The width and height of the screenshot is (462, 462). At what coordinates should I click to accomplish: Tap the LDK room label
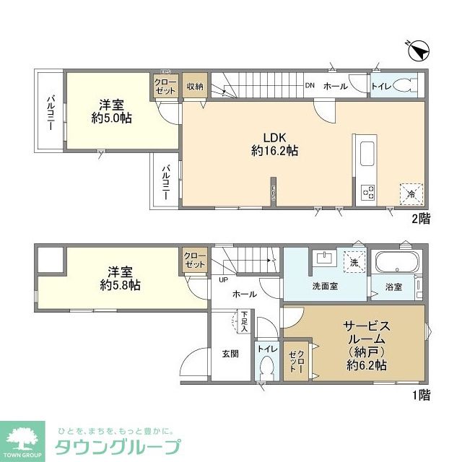click(275, 138)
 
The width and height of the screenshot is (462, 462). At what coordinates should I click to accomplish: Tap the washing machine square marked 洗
click(353, 261)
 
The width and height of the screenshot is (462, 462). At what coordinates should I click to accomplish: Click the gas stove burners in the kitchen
click(369, 192)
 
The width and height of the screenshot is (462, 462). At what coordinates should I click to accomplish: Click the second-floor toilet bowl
click(404, 86)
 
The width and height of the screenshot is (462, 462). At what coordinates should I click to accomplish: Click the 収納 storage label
click(195, 87)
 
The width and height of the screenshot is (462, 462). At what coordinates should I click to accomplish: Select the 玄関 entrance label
click(231, 354)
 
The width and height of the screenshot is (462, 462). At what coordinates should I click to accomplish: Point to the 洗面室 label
click(326, 286)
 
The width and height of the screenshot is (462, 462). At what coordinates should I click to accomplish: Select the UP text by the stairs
click(223, 280)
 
